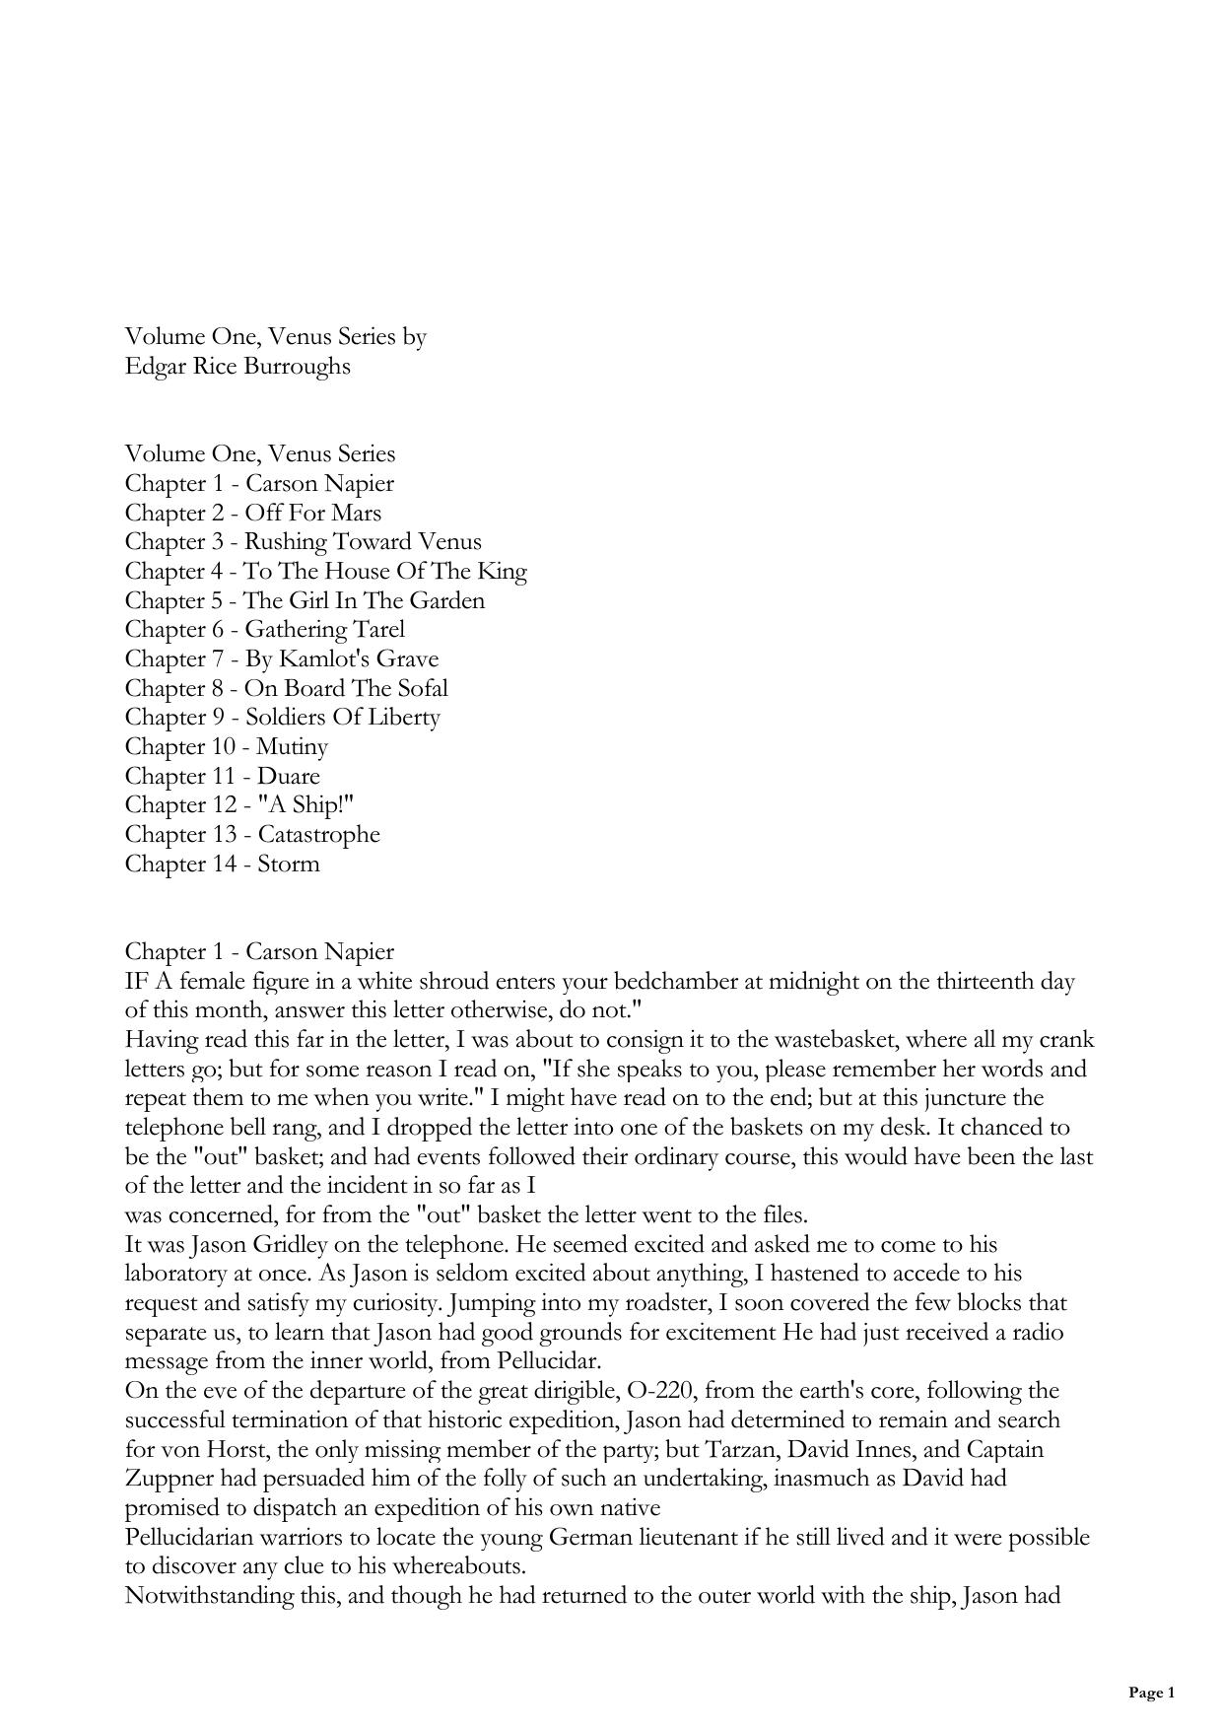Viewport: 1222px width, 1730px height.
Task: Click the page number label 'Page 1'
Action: coord(1151,1694)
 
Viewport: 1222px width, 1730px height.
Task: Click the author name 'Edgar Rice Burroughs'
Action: coord(238,367)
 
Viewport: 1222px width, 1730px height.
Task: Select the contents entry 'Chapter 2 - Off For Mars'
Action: coord(252,513)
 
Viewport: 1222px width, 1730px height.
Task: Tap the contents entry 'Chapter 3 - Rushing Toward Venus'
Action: coord(303,542)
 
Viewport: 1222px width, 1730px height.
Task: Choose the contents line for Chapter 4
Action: coord(325,572)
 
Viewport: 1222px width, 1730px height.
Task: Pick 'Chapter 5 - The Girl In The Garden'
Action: coord(305,600)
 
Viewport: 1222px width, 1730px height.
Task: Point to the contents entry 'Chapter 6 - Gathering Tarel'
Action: coord(264,630)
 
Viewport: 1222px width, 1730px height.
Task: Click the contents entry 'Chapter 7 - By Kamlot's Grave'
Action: coord(281,659)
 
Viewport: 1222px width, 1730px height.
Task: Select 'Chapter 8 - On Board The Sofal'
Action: coord(286,688)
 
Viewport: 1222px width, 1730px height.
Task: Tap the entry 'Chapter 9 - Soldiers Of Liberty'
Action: coord(282,718)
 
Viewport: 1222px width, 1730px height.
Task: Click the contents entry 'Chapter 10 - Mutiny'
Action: coord(226,747)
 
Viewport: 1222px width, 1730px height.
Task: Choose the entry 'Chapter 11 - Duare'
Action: coord(222,777)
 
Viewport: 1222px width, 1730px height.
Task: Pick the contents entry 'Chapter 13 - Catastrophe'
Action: coord(251,835)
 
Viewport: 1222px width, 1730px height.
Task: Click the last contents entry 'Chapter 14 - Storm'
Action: coord(222,865)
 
